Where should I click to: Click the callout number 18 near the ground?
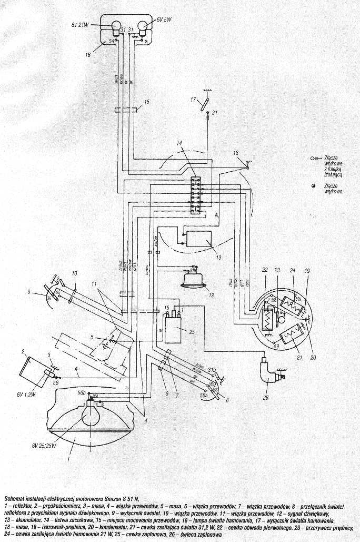coord(236,153)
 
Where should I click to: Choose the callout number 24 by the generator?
coord(293,271)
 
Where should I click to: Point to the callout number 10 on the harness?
coord(74,273)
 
